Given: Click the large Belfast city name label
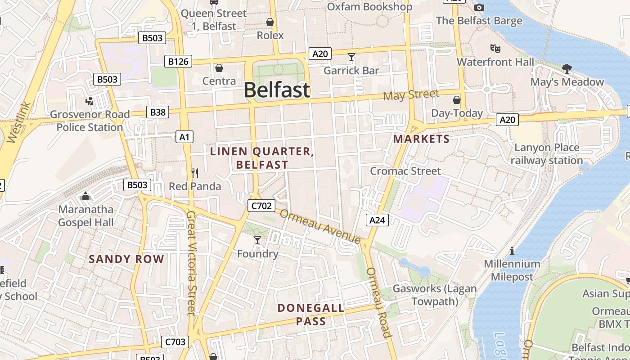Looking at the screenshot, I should (x=277, y=90).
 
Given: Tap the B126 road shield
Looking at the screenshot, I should (x=178, y=61).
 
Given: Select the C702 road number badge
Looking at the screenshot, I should (x=261, y=206).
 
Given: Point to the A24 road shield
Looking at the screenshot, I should (x=377, y=220).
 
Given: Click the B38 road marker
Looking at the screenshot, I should (x=157, y=112).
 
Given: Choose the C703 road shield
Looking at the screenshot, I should (x=175, y=342).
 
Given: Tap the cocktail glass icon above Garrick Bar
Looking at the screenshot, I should (x=351, y=57).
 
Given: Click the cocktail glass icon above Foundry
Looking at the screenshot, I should (x=257, y=240).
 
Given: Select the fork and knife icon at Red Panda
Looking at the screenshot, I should (x=195, y=173).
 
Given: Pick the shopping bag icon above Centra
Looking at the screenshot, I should (x=219, y=68).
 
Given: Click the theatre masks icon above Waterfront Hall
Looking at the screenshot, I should (x=495, y=48).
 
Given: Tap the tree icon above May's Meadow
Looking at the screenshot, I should (x=567, y=69).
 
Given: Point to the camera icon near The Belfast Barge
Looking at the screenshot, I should (x=479, y=7).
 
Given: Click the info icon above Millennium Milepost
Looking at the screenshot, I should (x=512, y=251).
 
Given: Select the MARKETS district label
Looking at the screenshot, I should (x=421, y=139).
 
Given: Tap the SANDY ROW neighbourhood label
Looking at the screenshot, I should (x=126, y=259).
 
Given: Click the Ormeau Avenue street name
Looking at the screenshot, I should (x=320, y=226).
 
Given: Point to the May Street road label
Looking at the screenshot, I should (x=411, y=95).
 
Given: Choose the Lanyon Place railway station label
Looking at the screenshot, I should (x=547, y=154).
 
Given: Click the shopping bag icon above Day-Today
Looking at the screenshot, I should (x=457, y=100).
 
